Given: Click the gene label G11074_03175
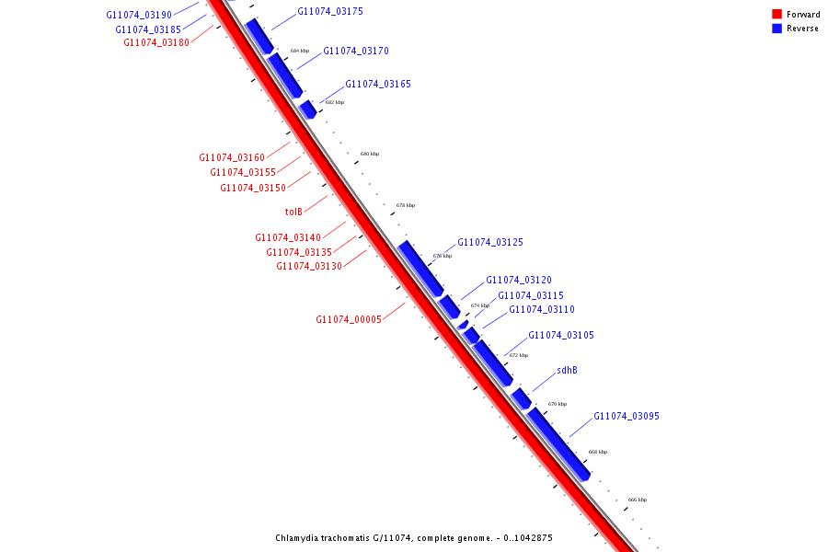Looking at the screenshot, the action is [x=330, y=12].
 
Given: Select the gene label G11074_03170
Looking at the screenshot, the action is [x=355, y=51].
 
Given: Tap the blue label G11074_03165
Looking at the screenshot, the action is [x=378, y=85].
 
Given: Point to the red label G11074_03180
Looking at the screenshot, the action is [x=156, y=42].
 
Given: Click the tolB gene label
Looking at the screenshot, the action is [x=293, y=212].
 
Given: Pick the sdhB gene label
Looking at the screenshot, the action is [x=567, y=371].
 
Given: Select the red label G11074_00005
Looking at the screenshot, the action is [x=349, y=320].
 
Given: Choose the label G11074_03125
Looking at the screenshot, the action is [x=490, y=243].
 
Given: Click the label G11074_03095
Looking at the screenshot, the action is [x=627, y=417].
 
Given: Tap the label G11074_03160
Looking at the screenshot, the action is [x=232, y=158].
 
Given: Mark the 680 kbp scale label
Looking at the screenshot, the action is [x=369, y=154].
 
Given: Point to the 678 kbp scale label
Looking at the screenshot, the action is [x=406, y=205].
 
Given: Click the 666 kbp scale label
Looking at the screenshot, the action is [x=637, y=500].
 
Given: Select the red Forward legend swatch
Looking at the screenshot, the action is [x=776, y=14].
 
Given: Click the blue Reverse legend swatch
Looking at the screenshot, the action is [x=776, y=29].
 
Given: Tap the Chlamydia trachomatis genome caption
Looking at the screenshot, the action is [x=414, y=538].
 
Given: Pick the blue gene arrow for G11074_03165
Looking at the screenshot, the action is [x=307, y=109].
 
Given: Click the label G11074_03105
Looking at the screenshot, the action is [x=561, y=336].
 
